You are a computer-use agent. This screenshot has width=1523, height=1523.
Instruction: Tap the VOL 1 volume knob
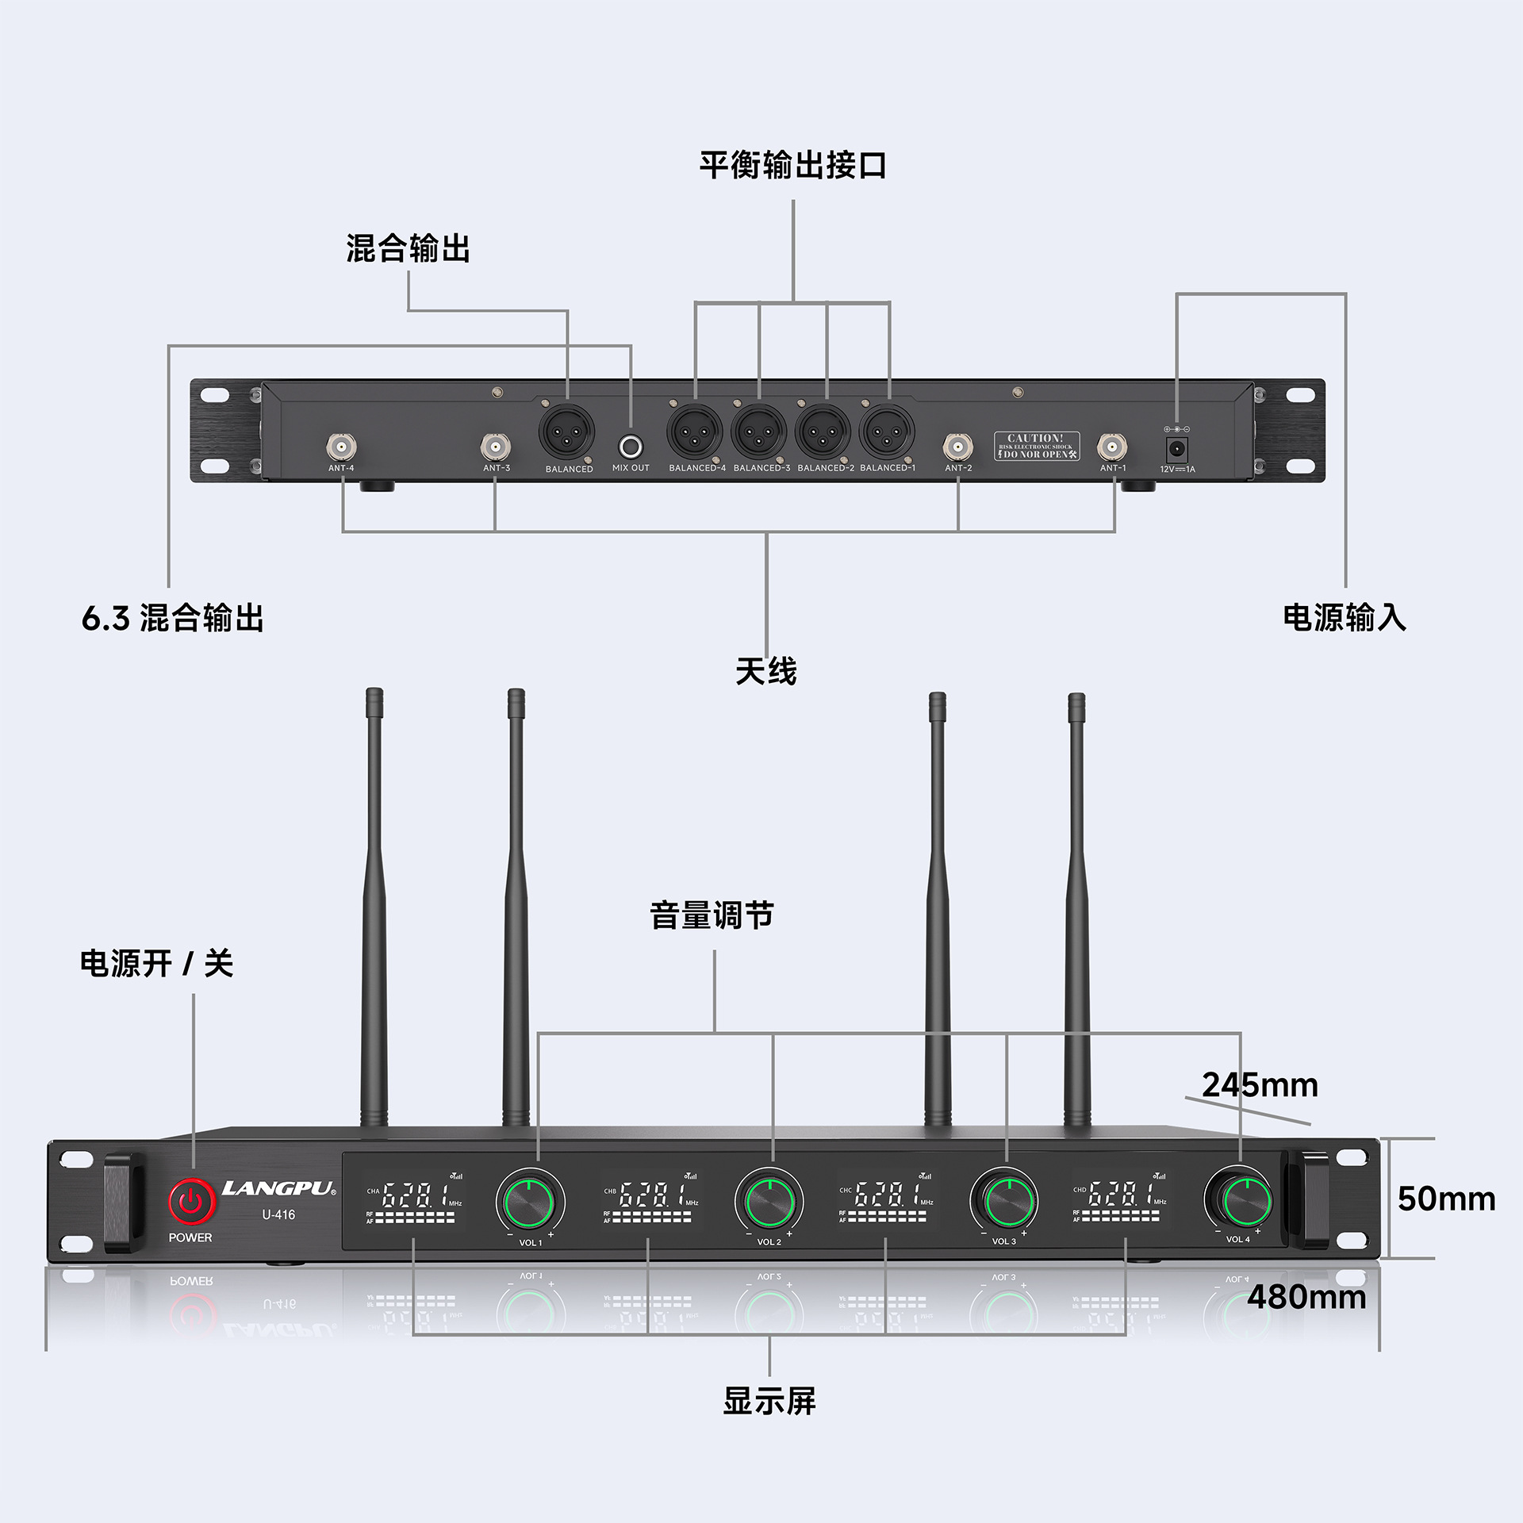pyautogui.click(x=530, y=1202)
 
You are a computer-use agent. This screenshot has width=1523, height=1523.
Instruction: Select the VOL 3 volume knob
pyautogui.click(x=1005, y=1200)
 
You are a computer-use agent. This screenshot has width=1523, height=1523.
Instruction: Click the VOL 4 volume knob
pyautogui.click(x=1239, y=1199)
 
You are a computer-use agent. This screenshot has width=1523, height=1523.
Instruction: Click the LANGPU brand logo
pyautogui.click(x=278, y=1188)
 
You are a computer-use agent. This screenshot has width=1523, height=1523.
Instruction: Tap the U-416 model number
pyautogui.click(x=278, y=1214)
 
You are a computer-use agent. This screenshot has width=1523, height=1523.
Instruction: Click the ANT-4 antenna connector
pyautogui.click(x=341, y=447)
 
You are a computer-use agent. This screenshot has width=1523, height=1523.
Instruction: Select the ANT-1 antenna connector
pyautogui.click(x=1111, y=447)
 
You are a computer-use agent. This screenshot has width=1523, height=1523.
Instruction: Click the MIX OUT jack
pyautogui.click(x=631, y=447)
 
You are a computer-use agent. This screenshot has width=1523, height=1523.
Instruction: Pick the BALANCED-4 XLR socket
pyautogui.click(x=695, y=432)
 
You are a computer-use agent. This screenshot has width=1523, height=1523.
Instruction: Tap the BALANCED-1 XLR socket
pyautogui.click(x=887, y=432)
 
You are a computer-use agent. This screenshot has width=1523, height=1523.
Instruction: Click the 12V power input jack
pyautogui.click(x=1177, y=449)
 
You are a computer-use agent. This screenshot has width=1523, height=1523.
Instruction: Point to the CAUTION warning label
pyautogui.click(x=1036, y=446)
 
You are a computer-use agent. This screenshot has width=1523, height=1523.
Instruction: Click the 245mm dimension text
pyautogui.click(x=1260, y=1085)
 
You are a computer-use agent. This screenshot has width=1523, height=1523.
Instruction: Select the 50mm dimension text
pyautogui.click(x=1446, y=1199)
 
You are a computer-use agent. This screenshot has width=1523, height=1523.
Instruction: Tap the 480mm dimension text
pyautogui.click(x=1306, y=1298)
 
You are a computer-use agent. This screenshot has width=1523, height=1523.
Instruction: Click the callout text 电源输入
pyautogui.click(x=1345, y=617)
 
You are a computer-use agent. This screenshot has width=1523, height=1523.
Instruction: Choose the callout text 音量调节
pyautogui.click(x=712, y=915)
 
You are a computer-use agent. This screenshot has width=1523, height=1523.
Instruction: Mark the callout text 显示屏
pyautogui.click(x=769, y=1402)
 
